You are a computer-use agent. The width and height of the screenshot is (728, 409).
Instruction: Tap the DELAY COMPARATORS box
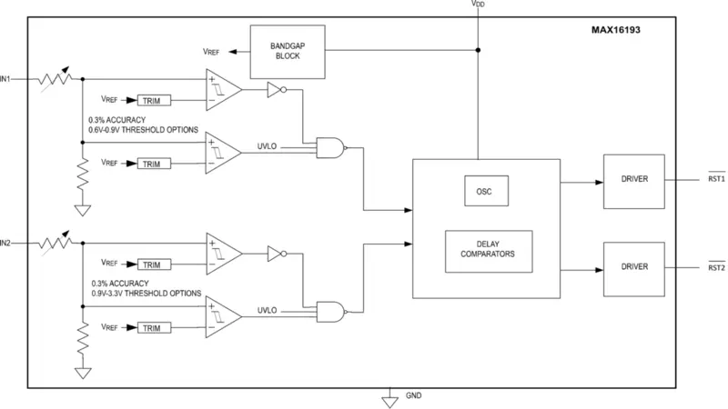pyautogui.click(x=489, y=250)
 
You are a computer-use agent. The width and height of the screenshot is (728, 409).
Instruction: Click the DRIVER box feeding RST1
pyautogui.click(x=634, y=179)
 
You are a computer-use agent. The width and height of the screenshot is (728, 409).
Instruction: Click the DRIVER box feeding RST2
pyautogui.click(x=634, y=267)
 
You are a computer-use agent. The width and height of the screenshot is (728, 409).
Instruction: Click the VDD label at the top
pyautogui.click(x=478, y=5)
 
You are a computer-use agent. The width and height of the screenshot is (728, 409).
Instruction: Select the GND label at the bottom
pyautogui.click(x=414, y=396)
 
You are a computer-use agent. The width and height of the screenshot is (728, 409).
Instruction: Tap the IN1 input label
pyautogui.click(x=6, y=80)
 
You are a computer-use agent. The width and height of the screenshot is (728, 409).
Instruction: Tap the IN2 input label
pyautogui.click(x=6, y=244)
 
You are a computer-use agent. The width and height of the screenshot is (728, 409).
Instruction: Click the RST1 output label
pyautogui.click(x=715, y=179)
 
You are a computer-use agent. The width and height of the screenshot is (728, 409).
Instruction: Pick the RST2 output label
pyautogui.click(x=715, y=267)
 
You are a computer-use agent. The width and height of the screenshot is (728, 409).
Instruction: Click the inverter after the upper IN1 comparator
pyautogui.click(x=276, y=90)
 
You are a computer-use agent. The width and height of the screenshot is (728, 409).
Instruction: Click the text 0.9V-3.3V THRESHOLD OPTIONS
pyautogui.click(x=147, y=294)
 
